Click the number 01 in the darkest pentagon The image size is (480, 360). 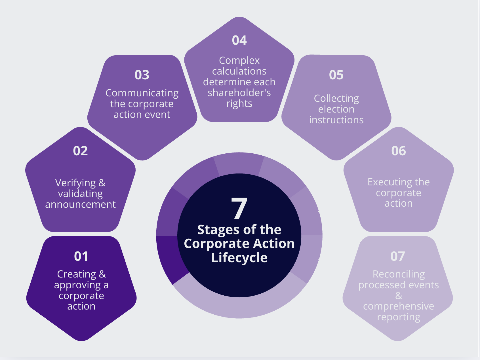coord(81,256)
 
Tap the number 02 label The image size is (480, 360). coord(80,151)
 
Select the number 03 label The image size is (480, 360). coord(142,75)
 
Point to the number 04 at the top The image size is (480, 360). coord(239,40)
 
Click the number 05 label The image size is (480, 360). coord(336,75)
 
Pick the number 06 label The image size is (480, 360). coord(399,151)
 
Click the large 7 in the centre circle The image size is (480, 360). coord(239,209)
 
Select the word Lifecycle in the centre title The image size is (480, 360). coord(239,258)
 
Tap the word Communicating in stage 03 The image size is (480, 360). coord(142,93)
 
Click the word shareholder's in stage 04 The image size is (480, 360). coord(239,93)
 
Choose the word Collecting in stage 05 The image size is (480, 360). coord(336,99)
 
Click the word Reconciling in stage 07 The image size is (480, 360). coord(399,274)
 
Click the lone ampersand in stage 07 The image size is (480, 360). coord(399,296)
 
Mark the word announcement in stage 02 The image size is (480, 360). coord(80,204)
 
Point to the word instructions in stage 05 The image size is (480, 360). coord(336,120)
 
